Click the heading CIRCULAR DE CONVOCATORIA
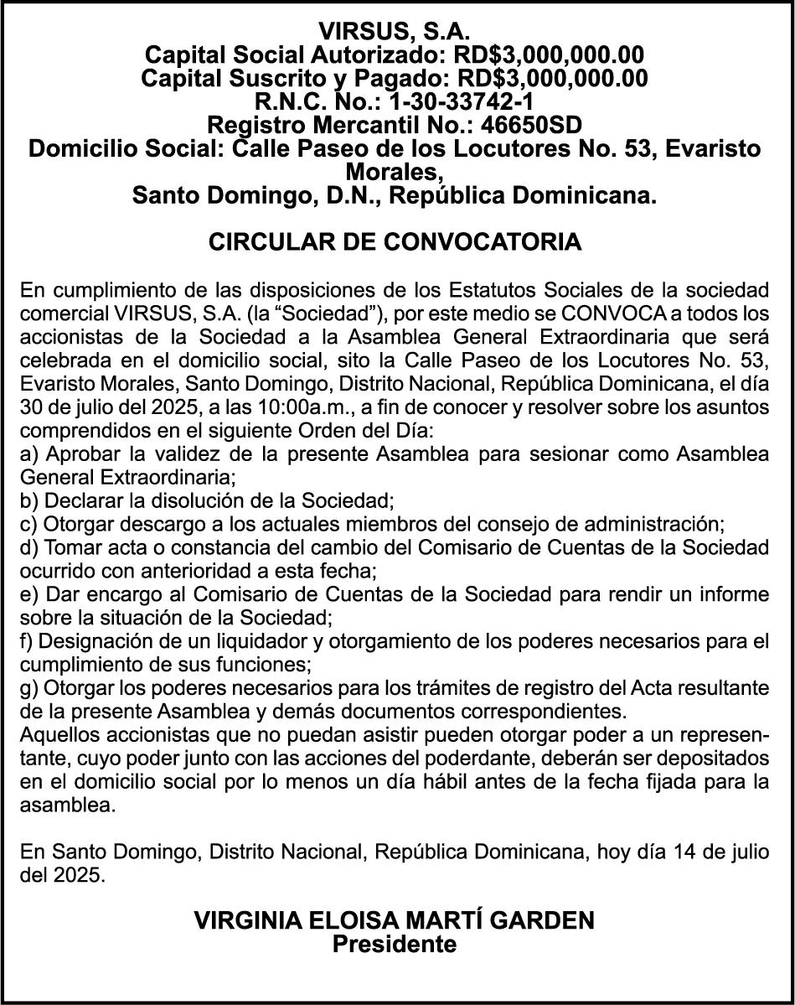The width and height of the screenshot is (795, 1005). click(x=395, y=242)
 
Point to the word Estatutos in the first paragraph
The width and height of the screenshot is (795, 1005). click(x=496, y=291)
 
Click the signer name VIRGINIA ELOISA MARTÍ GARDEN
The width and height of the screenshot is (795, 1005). click(x=395, y=920)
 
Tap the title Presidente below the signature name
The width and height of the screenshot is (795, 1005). click(x=395, y=945)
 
